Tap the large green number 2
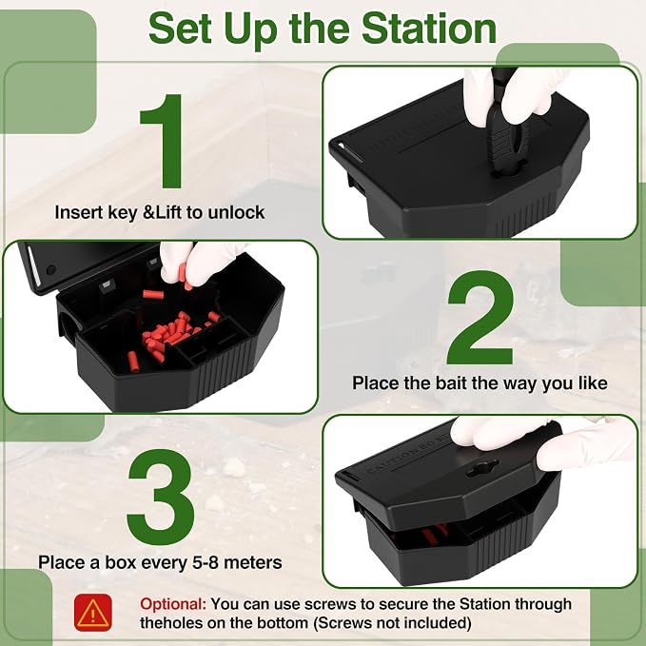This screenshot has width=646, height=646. click(x=480, y=317)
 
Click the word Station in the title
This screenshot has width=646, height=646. click(x=428, y=28)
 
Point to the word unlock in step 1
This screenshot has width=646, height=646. click(x=236, y=212)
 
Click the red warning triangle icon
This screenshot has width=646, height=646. click(x=92, y=613)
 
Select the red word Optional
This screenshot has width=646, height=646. click(x=173, y=604)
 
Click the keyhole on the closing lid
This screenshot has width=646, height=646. click(x=482, y=467)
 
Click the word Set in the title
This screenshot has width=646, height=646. click(x=180, y=28)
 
